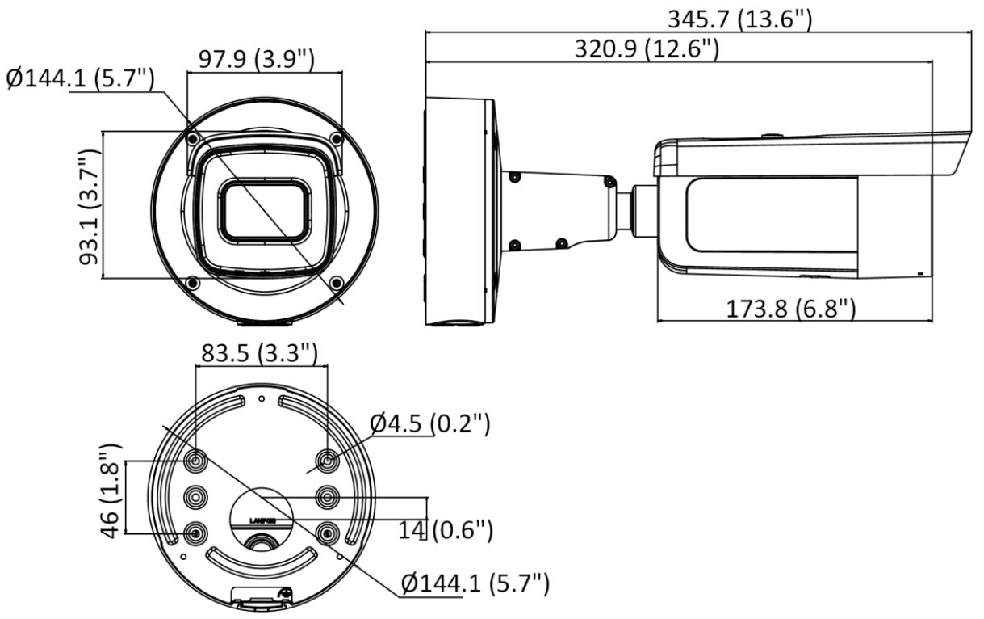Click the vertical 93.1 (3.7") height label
pyautogui.click(x=88, y=206)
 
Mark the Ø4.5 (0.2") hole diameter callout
pyautogui.click(x=430, y=423)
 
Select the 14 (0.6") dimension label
pyautogui.click(x=445, y=529)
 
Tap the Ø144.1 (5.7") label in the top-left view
pyautogui.click(x=80, y=79)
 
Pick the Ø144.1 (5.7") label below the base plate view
pyautogui.click(x=475, y=583)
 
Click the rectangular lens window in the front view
pyautogui.click(x=263, y=209)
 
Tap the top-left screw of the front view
pyautogui.click(x=192, y=140)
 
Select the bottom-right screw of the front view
pyautogui.click(x=337, y=281)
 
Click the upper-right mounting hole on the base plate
pyautogui.click(x=327, y=461)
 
